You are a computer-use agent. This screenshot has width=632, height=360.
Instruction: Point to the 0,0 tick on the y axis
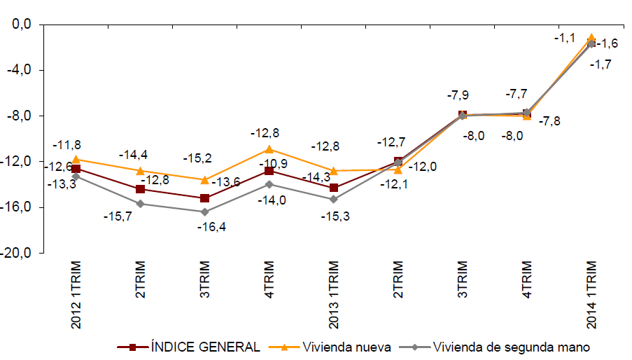(x=24, y=25)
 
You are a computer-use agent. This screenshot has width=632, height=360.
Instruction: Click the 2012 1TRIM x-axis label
(x=76, y=296)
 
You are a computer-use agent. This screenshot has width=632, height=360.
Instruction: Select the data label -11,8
(x=66, y=146)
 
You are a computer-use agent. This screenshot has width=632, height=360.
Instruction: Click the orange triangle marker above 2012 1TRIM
(x=76, y=159)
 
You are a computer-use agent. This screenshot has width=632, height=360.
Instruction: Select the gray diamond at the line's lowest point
(x=204, y=212)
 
